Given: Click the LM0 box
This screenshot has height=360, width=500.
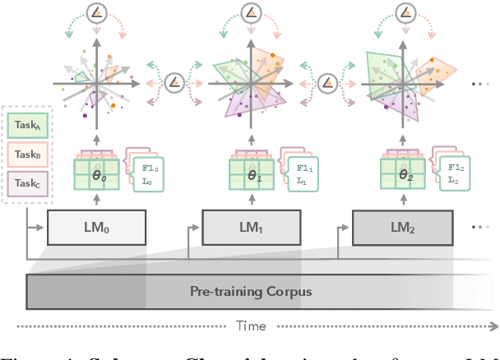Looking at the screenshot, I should point(96,227).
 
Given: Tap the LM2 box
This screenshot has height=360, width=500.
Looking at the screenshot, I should point(402,227).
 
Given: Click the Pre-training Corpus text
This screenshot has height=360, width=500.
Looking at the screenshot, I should point(251,291).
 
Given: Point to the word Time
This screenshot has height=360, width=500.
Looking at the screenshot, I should point(251,326).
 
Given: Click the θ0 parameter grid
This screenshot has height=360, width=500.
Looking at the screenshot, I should point(97,175).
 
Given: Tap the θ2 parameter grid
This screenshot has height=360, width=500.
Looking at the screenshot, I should point(403,175).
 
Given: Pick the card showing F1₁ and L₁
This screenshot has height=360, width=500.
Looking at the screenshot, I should point(303,174).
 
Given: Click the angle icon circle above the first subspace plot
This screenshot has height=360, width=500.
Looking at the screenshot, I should point(97,14).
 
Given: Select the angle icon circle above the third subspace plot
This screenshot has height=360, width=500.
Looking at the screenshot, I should point(404,14).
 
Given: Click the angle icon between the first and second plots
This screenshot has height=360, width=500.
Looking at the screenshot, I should point(174,82).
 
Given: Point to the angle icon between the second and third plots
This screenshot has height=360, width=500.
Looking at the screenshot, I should point(327,82).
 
